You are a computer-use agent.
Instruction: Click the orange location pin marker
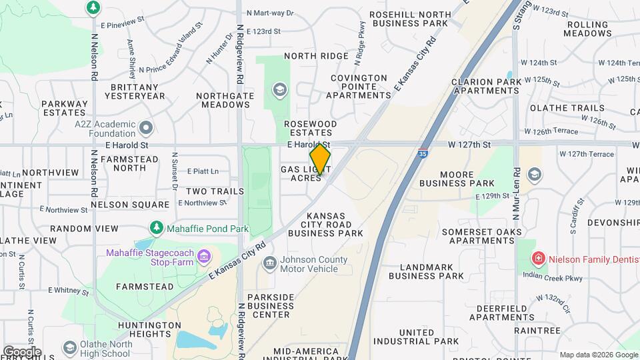[320, 160]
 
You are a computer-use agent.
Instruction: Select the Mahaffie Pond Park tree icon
[157, 229]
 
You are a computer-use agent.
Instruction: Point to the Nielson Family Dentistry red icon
[537, 257]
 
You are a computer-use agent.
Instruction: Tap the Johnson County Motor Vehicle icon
[269, 263]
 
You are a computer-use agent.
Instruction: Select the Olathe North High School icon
[69, 348]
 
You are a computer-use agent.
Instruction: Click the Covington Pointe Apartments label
[360, 87]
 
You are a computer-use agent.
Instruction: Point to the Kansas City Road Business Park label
[326, 225]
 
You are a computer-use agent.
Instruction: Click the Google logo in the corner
[22, 351]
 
